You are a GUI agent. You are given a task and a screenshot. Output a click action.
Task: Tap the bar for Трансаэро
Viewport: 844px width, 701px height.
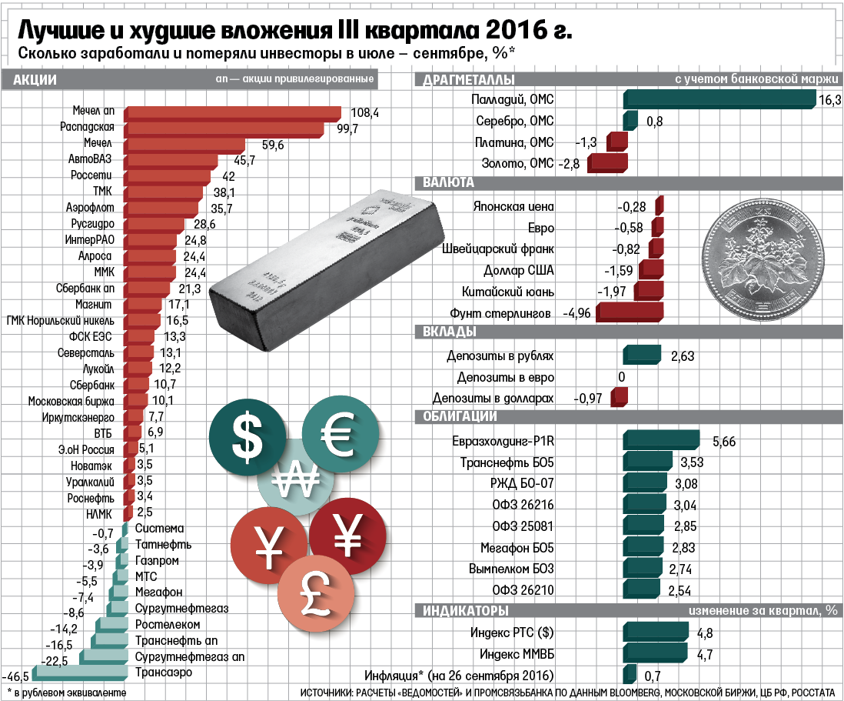77,675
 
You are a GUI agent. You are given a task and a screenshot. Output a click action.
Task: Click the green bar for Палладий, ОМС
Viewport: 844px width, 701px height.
719,99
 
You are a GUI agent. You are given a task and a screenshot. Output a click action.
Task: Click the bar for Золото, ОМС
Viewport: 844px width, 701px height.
607,163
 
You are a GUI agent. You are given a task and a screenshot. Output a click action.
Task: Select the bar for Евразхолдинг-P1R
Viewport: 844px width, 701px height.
661,440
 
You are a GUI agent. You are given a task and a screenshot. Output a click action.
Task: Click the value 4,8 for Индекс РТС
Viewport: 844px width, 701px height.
704,633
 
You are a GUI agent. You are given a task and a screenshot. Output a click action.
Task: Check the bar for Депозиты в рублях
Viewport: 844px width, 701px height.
642,355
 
